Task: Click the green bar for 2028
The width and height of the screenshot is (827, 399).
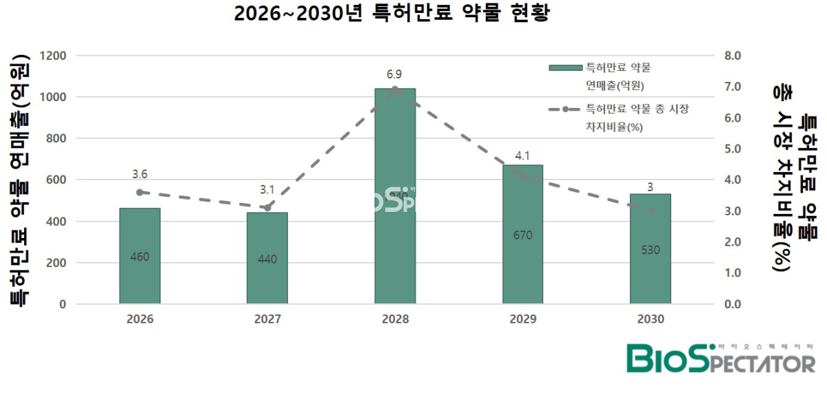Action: [395, 196]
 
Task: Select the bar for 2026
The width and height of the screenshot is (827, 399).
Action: [140, 255]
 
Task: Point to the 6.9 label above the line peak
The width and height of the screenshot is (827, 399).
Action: [394, 74]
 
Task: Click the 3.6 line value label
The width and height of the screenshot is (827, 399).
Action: [139, 175]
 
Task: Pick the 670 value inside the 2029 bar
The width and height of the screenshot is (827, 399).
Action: [522, 235]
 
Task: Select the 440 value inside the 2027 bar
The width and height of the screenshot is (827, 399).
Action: [267, 259]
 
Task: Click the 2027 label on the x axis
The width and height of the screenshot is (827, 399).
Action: [267, 320]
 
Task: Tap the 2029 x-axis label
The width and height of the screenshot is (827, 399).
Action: [522, 320]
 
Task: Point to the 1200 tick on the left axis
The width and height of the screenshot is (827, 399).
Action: [53, 56]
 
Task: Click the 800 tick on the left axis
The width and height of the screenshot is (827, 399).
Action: [57, 138]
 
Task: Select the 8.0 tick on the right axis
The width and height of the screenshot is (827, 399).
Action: [730, 56]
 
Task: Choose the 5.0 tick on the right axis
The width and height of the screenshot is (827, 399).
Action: [730, 149]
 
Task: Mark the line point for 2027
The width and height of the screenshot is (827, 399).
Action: [267, 208]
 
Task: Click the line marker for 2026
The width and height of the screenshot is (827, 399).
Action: [139, 193]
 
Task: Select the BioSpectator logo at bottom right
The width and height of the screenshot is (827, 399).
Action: [720, 358]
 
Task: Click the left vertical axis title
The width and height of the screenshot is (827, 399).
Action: [21, 180]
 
